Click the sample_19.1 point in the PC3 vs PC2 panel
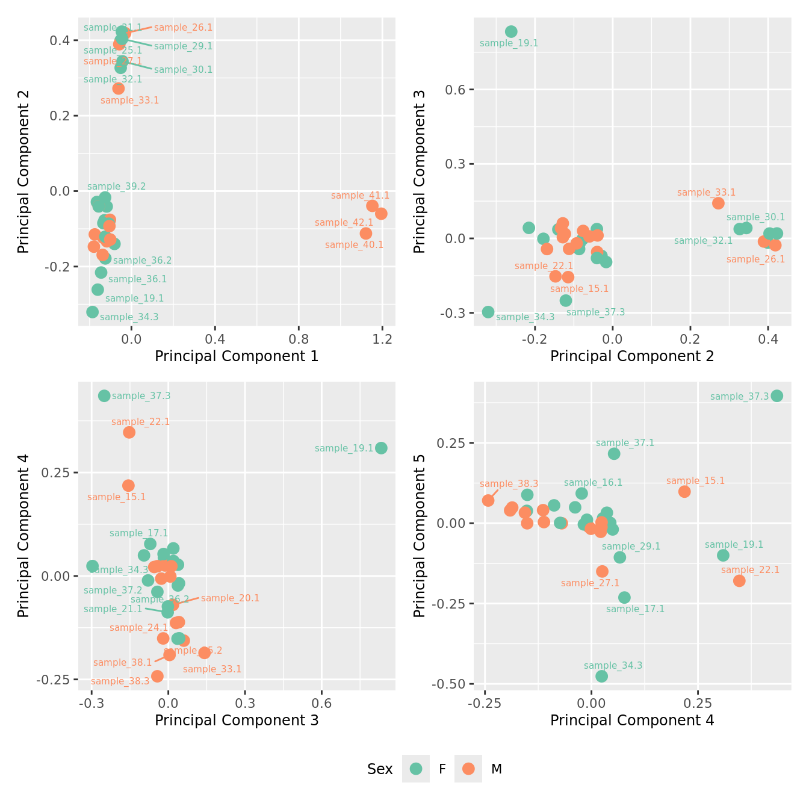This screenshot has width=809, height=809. [x=511, y=32]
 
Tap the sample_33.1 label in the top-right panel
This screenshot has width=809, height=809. [x=706, y=193]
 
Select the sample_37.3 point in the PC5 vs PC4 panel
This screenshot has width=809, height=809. [x=777, y=395]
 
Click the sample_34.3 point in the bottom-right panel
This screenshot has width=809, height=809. [x=601, y=676]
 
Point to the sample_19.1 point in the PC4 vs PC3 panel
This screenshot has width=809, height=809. [x=381, y=448]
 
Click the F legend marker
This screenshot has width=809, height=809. [x=416, y=769]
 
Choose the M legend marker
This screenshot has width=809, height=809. [x=468, y=769]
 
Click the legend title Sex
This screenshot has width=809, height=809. [x=380, y=769]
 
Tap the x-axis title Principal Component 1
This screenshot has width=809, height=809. [x=237, y=356]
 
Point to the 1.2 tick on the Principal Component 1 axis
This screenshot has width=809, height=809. [x=382, y=339]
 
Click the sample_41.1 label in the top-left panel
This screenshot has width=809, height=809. [x=360, y=196]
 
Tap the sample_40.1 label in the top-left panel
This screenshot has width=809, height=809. [x=354, y=245]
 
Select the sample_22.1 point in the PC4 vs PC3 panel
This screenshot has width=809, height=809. [x=129, y=432]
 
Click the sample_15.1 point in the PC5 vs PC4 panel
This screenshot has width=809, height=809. [x=684, y=492]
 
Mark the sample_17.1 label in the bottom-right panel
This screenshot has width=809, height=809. [x=635, y=609]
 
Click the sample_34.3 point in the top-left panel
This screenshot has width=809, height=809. [x=92, y=312]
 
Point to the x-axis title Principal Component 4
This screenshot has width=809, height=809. [x=632, y=721]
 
